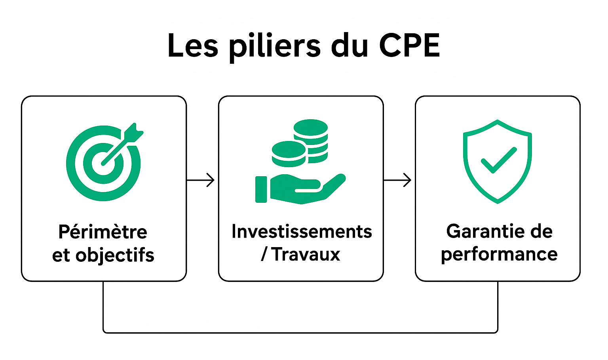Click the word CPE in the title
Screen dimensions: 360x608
click(409, 45)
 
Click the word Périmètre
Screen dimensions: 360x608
click(103, 232)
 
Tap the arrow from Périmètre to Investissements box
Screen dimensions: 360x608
click(201, 180)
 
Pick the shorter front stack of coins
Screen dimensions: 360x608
click(289, 154)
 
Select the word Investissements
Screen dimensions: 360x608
click(302, 232)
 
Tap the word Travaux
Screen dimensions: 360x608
click(306, 254)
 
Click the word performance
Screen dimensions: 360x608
click(499, 255)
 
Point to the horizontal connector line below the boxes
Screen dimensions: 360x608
click(300, 332)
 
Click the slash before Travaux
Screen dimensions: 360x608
click(264, 254)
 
